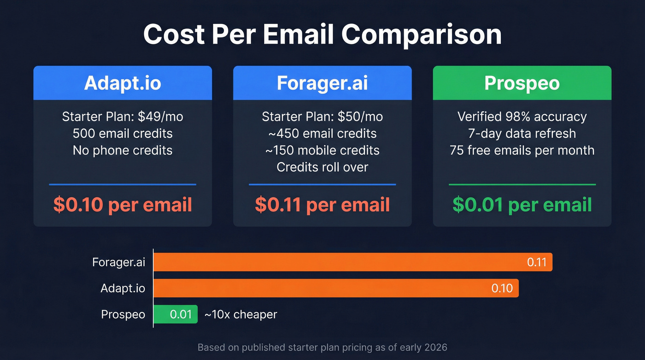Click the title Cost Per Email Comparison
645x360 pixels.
point(322,35)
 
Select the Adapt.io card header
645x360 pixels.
point(123,83)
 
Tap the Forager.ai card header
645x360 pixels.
point(322,83)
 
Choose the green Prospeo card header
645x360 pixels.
point(522,83)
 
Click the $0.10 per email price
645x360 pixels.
point(123,205)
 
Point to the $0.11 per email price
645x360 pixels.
point(322,205)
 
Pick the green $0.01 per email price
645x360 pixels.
point(522,205)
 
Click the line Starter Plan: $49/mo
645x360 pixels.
point(123,117)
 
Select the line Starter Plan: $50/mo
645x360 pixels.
point(322,117)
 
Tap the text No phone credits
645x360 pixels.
point(123,150)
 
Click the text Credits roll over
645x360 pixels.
point(322,167)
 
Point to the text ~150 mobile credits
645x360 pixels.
point(322,150)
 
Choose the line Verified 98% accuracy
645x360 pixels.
point(522,117)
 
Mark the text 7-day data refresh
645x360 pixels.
point(522,134)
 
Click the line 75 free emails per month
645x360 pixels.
point(522,150)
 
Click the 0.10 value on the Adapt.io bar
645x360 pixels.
point(502,289)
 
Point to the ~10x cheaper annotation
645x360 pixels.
point(240,314)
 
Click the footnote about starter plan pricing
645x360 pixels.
point(322,347)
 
